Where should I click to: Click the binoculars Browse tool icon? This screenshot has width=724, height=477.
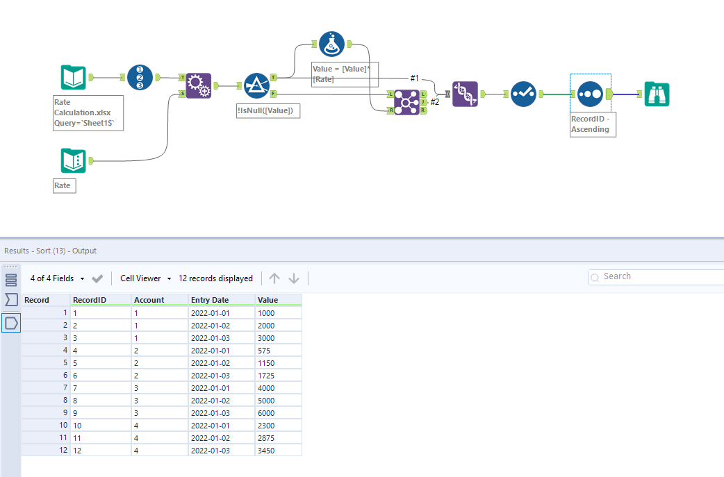[x=657, y=94]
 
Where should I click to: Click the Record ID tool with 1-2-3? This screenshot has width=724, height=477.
[x=140, y=77]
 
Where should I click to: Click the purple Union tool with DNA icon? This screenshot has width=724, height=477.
[x=465, y=94]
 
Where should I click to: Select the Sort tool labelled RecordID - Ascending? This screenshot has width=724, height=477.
[x=590, y=94]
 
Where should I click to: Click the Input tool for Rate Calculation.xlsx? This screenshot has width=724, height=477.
[x=73, y=78]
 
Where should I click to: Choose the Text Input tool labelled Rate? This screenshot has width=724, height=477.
[x=73, y=161]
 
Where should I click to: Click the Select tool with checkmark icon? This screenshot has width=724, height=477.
[x=523, y=94]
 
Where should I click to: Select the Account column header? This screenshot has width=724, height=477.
[x=149, y=300]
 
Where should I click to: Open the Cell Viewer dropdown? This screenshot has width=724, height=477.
[x=146, y=278]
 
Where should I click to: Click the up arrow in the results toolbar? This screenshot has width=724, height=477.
[x=274, y=278]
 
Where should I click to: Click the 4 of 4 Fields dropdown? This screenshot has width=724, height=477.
[x=58, y=278]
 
